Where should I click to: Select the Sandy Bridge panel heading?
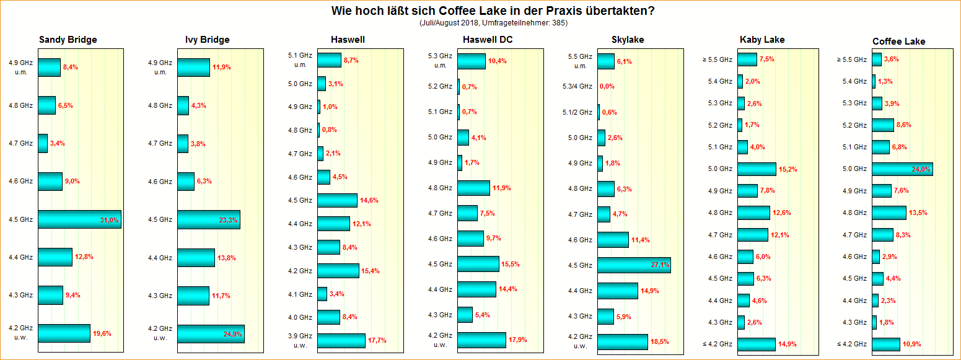68,40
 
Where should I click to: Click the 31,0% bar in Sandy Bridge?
79,219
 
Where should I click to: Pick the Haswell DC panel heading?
488,40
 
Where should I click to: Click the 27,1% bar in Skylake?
633,265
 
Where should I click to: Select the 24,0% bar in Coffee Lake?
902,169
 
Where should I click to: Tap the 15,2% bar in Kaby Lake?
757,169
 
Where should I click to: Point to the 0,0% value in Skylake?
607,86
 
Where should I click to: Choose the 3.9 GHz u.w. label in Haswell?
300,340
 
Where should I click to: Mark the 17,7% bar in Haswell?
341,340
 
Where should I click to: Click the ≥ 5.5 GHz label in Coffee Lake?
852,59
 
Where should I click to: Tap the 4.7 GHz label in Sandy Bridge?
20,143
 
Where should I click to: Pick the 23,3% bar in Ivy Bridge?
208,219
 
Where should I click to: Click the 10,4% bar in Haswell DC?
472,61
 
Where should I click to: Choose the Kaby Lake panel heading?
762,40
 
